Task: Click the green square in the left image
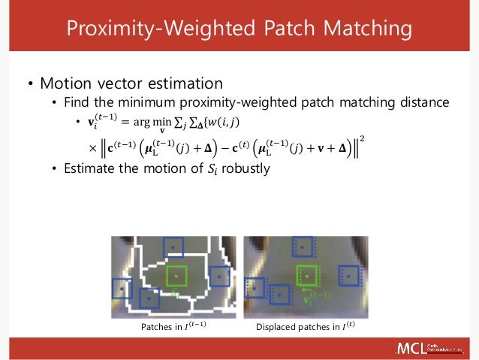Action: click(176, 275)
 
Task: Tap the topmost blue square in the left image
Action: click(173, 247)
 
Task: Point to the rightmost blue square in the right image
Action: click(349, 276)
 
